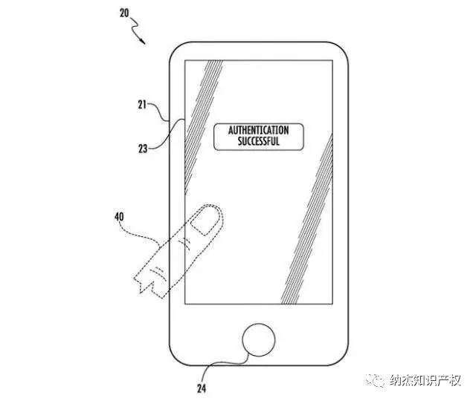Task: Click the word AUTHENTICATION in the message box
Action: tap(258, 131)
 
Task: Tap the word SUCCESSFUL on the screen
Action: tap(258, 141)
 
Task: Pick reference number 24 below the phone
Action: tap(200, 388)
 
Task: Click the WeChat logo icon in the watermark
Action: tap(377, 381)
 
